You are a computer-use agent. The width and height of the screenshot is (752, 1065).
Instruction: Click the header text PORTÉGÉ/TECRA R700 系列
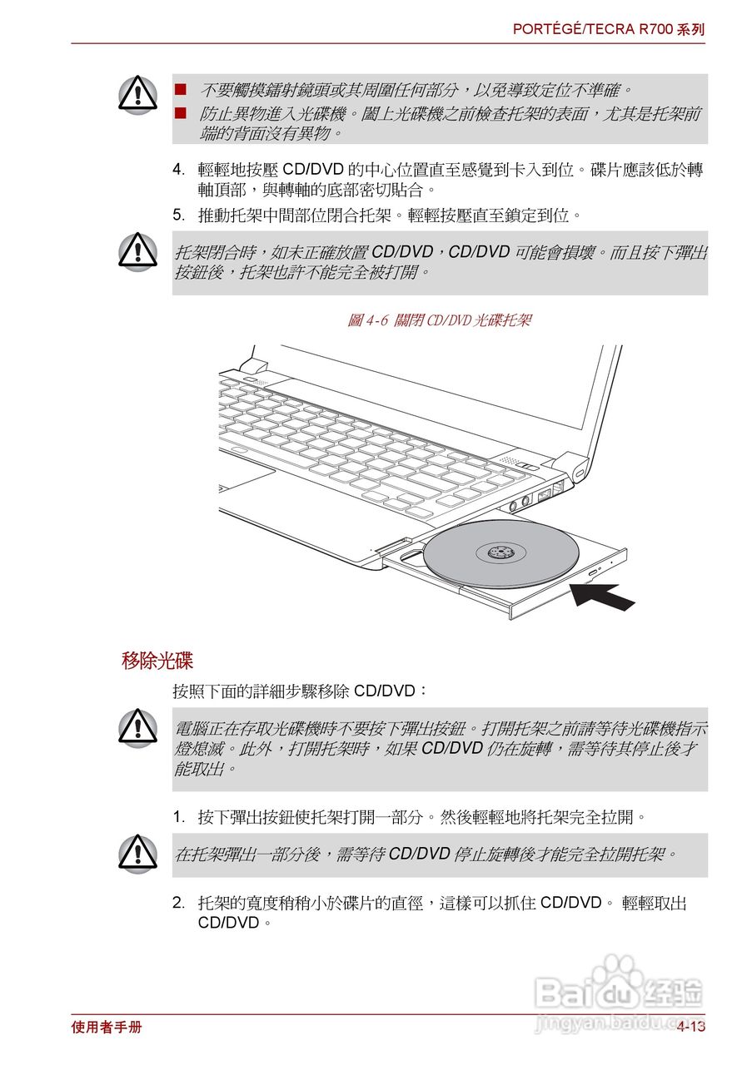tap(608, 29)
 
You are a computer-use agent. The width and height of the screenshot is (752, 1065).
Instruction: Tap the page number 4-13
tap(690, 1027)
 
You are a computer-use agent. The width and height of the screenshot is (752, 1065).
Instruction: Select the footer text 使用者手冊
tap(107, 1027)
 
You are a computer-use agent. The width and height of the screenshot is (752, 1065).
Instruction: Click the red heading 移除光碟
tap(157, 661)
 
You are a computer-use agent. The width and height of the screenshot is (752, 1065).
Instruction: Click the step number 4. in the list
tap(179, 170)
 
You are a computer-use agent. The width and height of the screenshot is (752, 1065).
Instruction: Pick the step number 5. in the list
tap(179, 215)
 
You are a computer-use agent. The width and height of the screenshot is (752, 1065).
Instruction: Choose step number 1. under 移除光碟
tap(179, 816)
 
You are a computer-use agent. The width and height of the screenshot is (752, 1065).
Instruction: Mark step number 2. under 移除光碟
tap(179, 903)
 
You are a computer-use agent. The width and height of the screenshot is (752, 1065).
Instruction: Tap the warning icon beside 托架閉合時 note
tap(137, 251)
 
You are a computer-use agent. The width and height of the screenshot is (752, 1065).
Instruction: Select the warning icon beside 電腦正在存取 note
tap(137, 727)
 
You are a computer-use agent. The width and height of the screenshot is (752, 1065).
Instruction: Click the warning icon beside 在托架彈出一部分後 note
tap(137, 854)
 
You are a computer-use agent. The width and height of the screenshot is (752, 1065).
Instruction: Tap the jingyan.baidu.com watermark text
tap(618, 1023)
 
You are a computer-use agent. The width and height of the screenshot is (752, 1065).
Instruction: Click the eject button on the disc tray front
tap(594, 574)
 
